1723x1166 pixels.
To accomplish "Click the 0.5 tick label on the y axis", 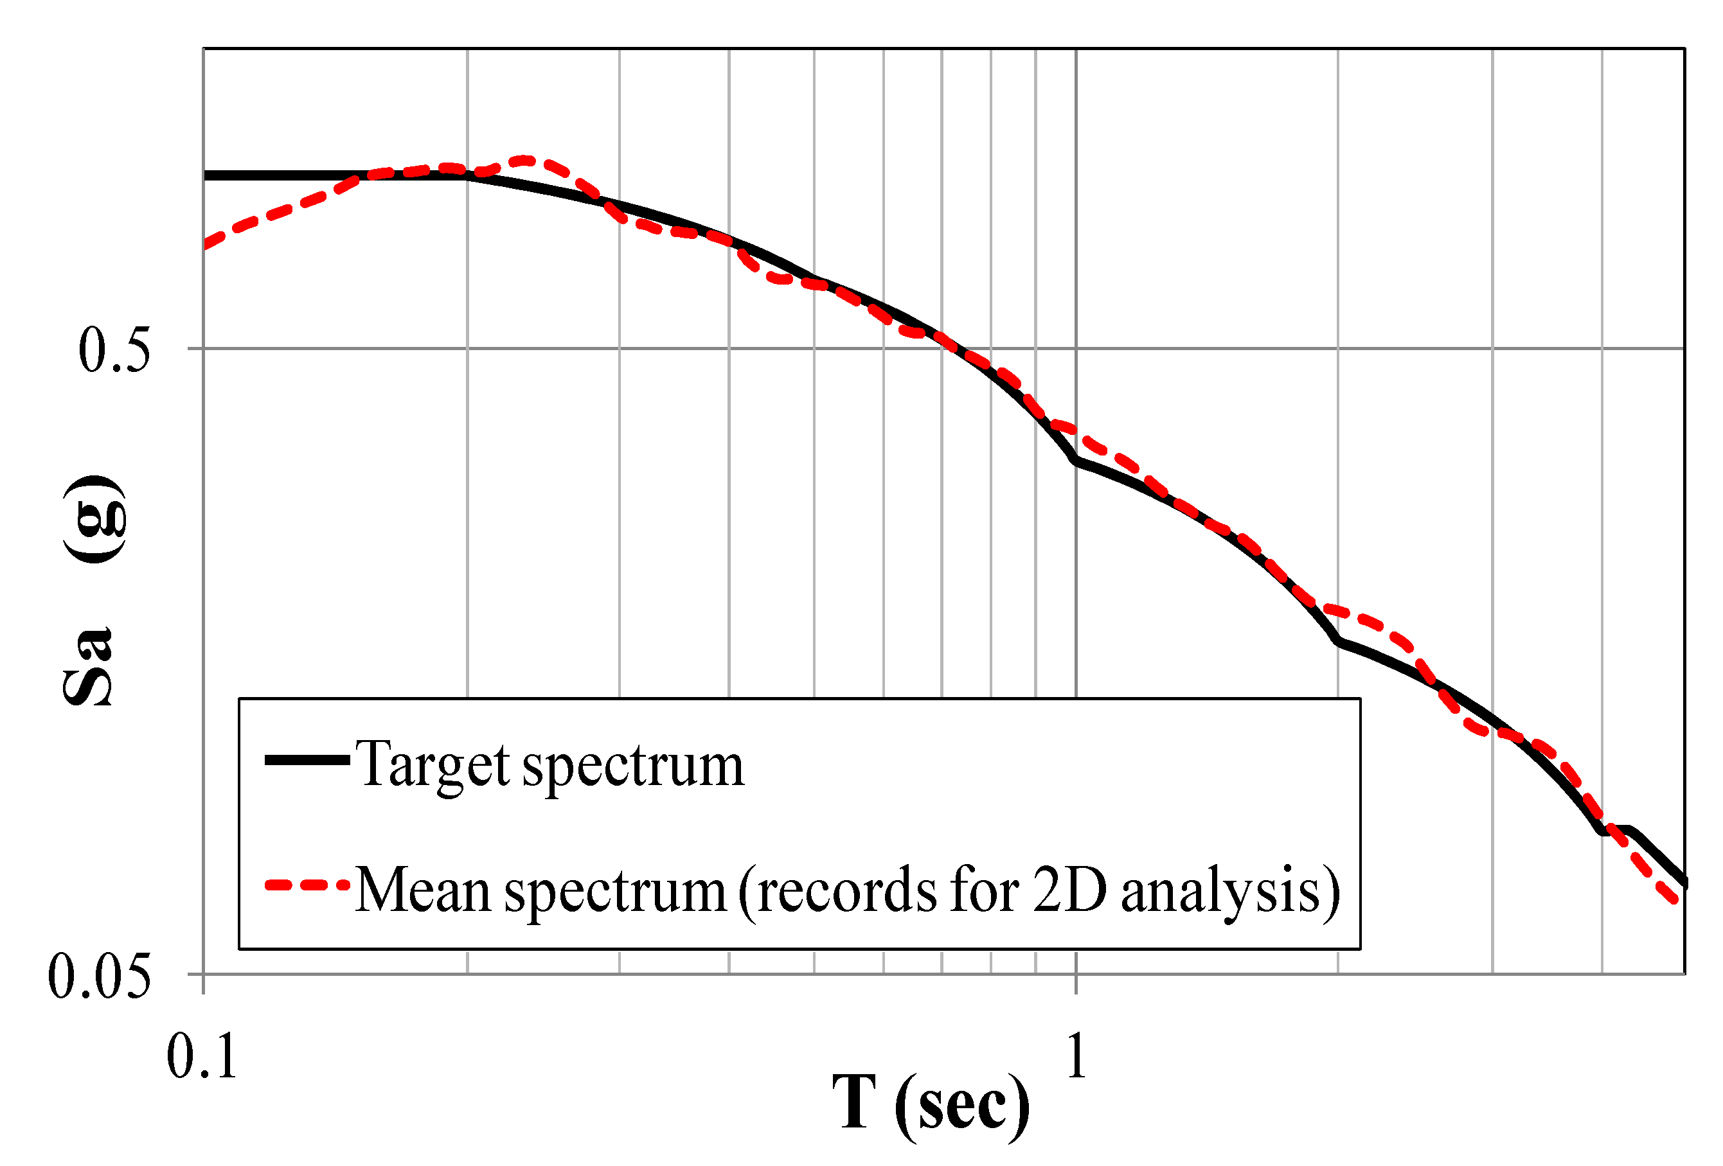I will (x=114, y=349).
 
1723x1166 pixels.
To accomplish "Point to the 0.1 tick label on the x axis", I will (x=202, y=1056).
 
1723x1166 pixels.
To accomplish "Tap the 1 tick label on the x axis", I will (x=1076, y=1055).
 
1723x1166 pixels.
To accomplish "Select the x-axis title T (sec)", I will (x=931, y=1104).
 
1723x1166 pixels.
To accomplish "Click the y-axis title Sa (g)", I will (x=94, y=590).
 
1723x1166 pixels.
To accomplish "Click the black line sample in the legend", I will (x=307, y=760).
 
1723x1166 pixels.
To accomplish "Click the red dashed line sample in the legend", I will (x=307, y=885).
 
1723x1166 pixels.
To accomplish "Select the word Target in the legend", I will (x=433, y=764).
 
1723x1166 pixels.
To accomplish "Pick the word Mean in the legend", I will (x=423, y=890).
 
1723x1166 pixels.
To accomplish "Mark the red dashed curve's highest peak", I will (x=524, y=160).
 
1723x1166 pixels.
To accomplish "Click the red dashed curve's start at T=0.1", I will (x=206, y=244).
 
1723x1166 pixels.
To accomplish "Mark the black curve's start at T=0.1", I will (x=206, y=175).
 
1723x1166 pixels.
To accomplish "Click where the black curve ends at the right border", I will (x=1684, y=883).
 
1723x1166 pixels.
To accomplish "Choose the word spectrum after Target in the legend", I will (x=632, y=766).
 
